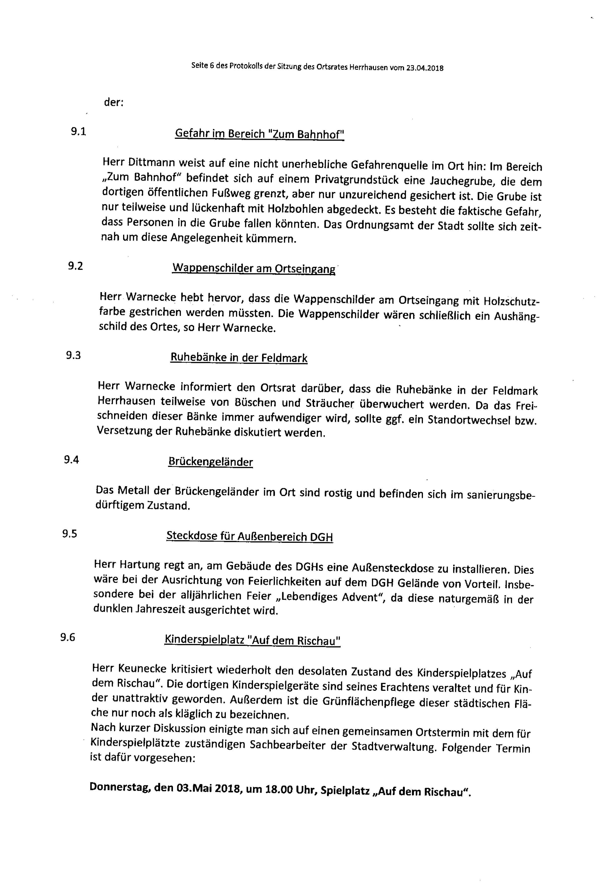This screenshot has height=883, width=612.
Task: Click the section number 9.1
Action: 78,131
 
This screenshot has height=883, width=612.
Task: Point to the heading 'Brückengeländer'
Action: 210,462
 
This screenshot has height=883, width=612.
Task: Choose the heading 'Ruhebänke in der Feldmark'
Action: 239,358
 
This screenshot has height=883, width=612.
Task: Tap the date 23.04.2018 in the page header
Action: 424,68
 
